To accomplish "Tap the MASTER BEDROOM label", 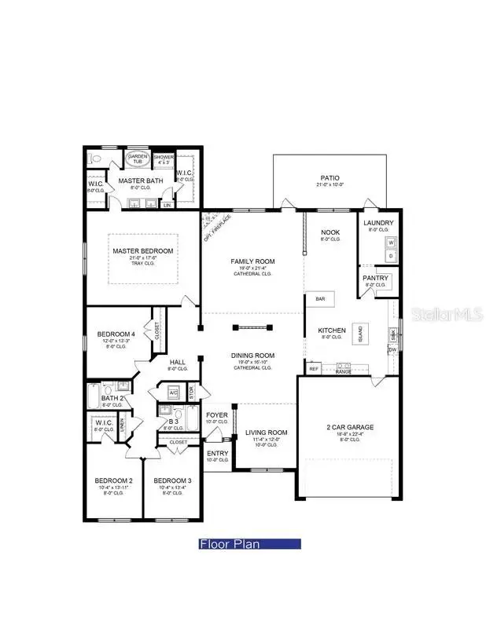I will [x=142, y=251].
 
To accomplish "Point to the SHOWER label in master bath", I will [x=163, y=158].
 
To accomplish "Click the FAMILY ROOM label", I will [x=252, y=261].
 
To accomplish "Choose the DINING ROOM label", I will [x=252, y=355].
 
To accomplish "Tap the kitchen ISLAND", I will [x=361, y=334].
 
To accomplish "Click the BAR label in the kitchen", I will [x=321, y=299].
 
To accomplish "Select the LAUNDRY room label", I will [x=378, y=223].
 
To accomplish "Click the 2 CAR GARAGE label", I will [x=350, y=427].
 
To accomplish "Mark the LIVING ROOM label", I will [x=267, y=433].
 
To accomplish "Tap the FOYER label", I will [x=217, y=415].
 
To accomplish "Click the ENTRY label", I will [x=217, y=453].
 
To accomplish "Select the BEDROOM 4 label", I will [x=116, y=334].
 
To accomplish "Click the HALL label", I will [x=178, y=362].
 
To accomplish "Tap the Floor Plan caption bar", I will [x=249, y=543].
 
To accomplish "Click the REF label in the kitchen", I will [x=314, y=368].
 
